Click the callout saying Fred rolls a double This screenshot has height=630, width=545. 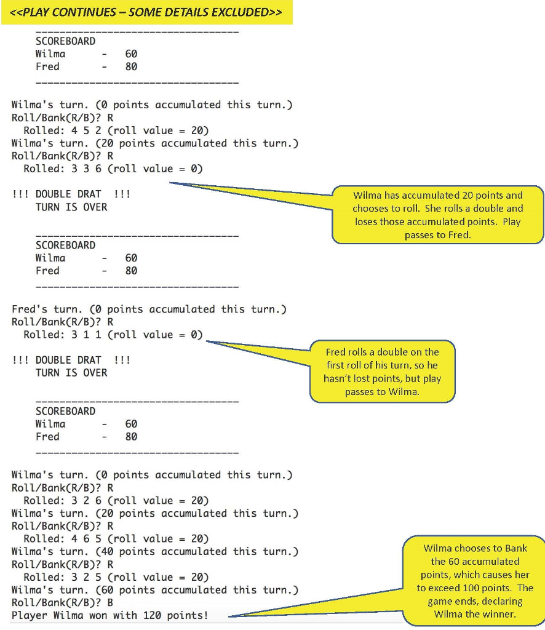(x=383, y=372)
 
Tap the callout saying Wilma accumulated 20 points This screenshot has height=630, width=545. (x=438, y=215)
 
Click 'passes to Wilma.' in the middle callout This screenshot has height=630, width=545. (x=382, y=392)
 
